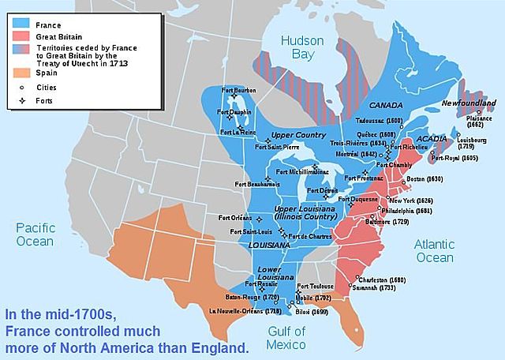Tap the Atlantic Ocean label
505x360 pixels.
(434, 251)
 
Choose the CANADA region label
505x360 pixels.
(386, 105)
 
